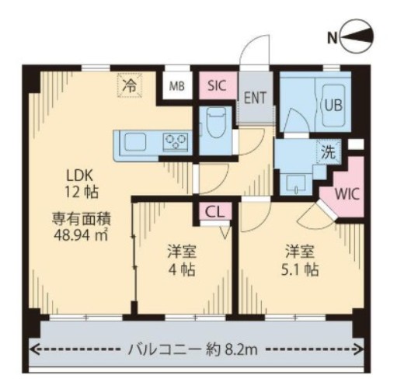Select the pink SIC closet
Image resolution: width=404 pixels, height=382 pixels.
(x=218, y=86)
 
